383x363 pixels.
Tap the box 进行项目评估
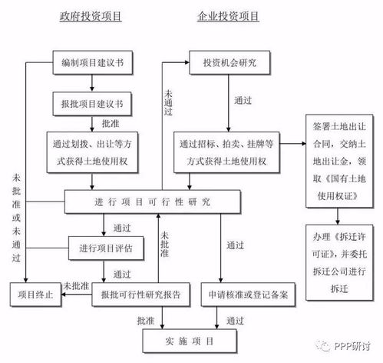point(107,248)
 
